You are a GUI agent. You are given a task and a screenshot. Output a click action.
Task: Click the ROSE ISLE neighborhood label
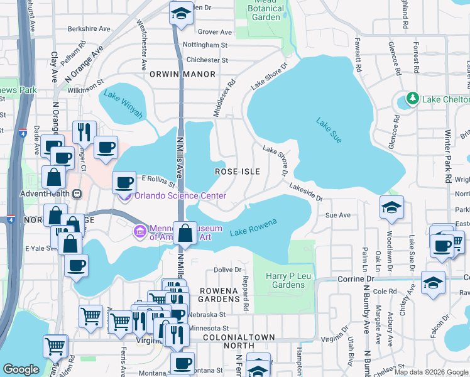coord(237,171)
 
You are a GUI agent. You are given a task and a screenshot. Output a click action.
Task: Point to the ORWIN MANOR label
coord(182,74)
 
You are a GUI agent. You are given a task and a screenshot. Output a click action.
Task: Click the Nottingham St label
coord(206,45)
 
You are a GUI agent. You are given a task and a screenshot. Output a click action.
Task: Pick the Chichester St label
coord(207,60)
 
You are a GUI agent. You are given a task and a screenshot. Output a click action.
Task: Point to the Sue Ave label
coord(337,215)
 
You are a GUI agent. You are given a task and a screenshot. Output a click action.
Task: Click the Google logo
coord(21,369)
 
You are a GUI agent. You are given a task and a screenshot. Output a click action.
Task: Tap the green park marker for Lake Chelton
coord(412,99)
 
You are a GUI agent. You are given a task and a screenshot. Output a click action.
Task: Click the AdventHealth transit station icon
coord(77,194)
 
